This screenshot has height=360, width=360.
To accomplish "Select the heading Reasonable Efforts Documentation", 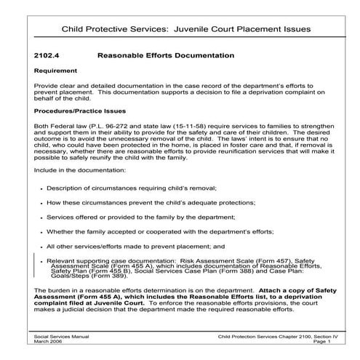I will click(165, 55).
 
